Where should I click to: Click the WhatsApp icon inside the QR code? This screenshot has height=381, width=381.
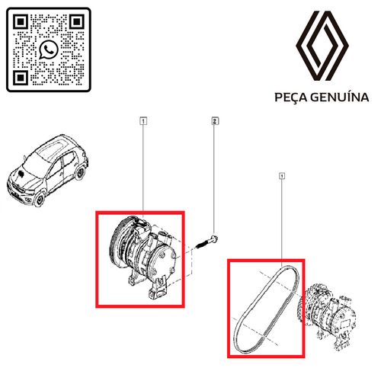point(50,50)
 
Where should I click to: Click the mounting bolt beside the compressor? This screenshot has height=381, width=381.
point(206,243)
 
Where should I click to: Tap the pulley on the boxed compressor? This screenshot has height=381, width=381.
point(120,242)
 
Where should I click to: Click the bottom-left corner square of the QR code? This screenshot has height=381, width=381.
point(21,77)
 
